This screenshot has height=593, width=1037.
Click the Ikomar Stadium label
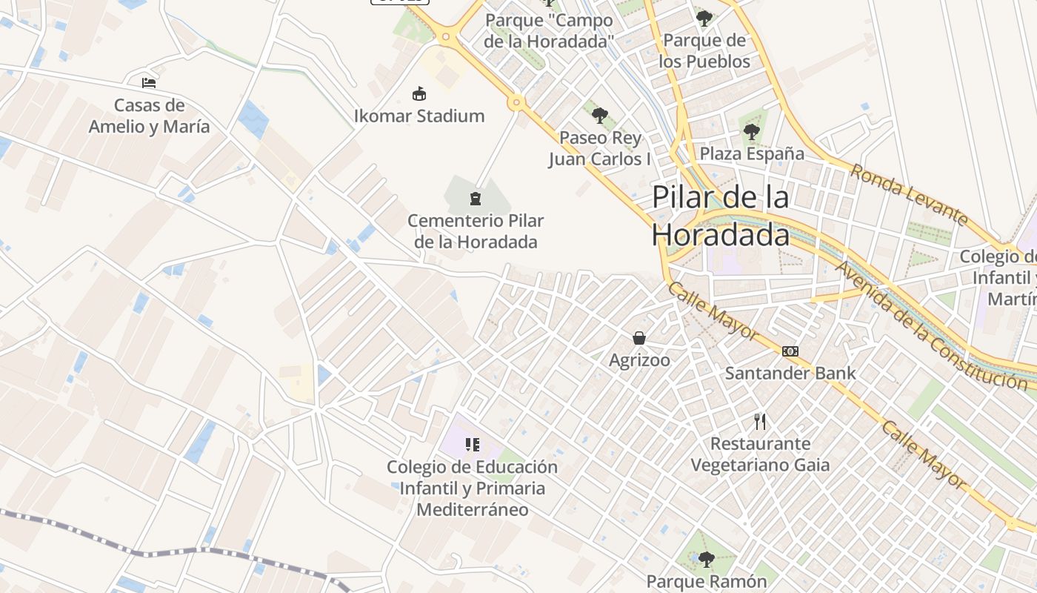pos(419,116)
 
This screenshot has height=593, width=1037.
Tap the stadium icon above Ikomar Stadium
pos(419,94)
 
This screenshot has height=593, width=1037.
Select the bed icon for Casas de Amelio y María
pos(149,82)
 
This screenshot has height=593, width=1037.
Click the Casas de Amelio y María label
pos(149,116)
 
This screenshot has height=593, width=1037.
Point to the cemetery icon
pos(475,199)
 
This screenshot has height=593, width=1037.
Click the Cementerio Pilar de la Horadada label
pos(476,231)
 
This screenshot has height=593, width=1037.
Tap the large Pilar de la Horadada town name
pos(721,216)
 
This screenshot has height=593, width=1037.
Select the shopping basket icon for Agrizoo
pos(639,339)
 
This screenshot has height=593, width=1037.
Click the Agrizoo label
pos(639,360)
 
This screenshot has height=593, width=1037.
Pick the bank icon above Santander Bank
pos(790,351)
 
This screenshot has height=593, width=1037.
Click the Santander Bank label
pos(790,373)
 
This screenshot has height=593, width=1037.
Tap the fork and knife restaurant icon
pos(760,422)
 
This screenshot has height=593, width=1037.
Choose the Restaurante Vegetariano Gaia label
pos(760,454)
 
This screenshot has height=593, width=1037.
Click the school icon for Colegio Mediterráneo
pos(473,445)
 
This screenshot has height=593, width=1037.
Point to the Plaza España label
pos(752,153)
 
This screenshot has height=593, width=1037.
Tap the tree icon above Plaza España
pos(752,133)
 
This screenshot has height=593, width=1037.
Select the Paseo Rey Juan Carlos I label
pos(600,148)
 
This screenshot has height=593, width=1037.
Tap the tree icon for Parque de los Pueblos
pos(704,19)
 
